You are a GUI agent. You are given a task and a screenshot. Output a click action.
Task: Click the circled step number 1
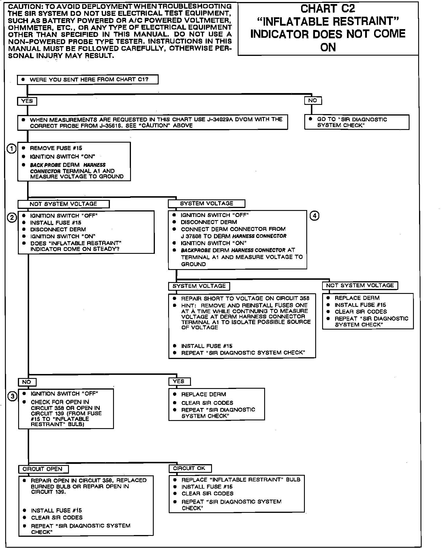(x=12, y=149)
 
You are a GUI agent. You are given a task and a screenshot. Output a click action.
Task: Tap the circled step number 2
(x=12, y=218)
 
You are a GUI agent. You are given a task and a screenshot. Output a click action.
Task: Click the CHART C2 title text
(x=328, y=9)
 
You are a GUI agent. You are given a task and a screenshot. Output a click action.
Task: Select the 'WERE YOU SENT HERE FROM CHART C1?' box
(x=88, y=80)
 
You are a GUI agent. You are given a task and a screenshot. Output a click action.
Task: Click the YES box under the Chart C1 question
(x=27, y=101)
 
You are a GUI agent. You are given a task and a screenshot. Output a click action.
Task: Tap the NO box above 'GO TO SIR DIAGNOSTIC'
(x=313, y=101)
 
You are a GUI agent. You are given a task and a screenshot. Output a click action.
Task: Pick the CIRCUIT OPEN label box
(x=43, y=469)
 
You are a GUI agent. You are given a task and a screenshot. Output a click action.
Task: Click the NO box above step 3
(x=27, y=382)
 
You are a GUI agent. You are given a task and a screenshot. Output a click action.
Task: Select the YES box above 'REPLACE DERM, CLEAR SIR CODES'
(x=179, y=381)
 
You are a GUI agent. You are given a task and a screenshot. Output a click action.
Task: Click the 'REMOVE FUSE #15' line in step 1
(x=56, y=148)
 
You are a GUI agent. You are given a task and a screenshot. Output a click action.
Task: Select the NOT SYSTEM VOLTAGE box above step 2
(x=63, y=204)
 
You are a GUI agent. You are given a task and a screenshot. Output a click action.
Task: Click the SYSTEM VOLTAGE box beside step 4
(x=207, y=203)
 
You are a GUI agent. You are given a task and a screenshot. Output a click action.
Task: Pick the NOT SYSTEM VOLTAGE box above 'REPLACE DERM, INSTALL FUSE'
(x=360, y=286)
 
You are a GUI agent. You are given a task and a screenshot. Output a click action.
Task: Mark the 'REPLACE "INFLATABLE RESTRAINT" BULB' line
(x=241, y=480)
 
